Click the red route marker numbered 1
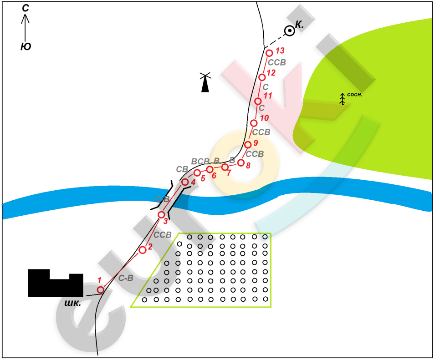pyautogui.click(x=101, y=290)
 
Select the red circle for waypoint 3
pyautogui.click(x=161, y=214)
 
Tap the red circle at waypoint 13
pyautogui.click(x=269, y=53)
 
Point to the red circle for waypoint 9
pyautogui.click(x=248, y=144)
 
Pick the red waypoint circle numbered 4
pyautogui.click(x=185, y=182)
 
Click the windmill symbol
pyautogui.click(x=205, y=82)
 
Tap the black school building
pyautogui.click(x=56, y=283)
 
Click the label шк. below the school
pyautogui.click(x=72, y=303)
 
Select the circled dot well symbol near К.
pyautogui.click(x=290, y=30)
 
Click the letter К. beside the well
pyautogui.click(x=299, y=25)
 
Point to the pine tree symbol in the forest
pyautogui.click(x=343, y=99)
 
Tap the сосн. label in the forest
pyautogui.click(x=354, y=95)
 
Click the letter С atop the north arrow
pyautogui.click(x=26, y=8)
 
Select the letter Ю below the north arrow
pyautogui.click(x=26, y=46)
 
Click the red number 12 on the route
pyautogui.click(x=271, y=73)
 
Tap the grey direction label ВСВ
pyautogui.click(x=200, y=161)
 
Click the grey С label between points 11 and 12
pyautogui.click(x=266, y=87)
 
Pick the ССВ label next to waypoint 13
pyautogui.click(x=277, y=62)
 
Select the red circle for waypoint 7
pyautogui.click(x=225, y=167)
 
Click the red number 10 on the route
pyautogui.click(x=264, y=118)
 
